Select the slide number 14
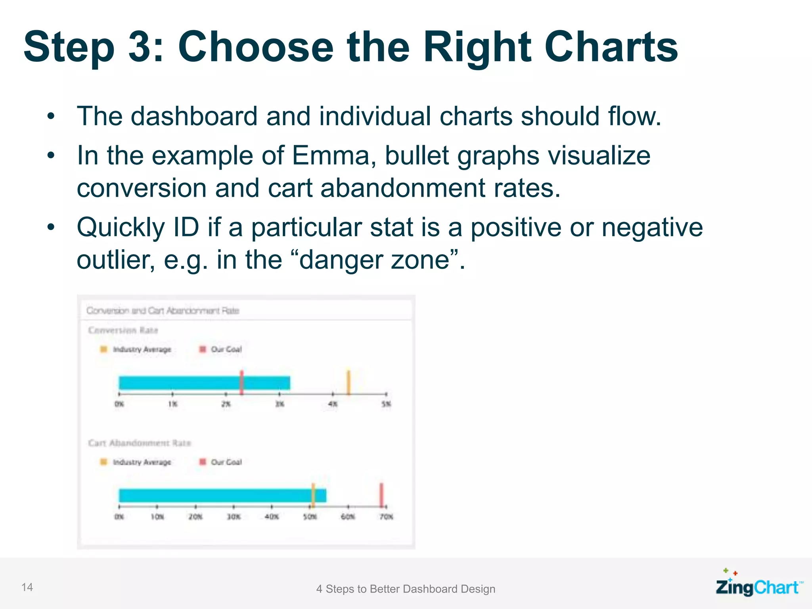27,587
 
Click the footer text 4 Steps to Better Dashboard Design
406,589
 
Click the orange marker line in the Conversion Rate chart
349,382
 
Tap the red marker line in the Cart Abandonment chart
381,494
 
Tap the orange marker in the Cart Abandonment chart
313,494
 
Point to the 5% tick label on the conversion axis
386,404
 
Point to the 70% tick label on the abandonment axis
386,517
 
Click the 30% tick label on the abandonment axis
234,517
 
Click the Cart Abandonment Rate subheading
140,443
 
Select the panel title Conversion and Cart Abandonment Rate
163,310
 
